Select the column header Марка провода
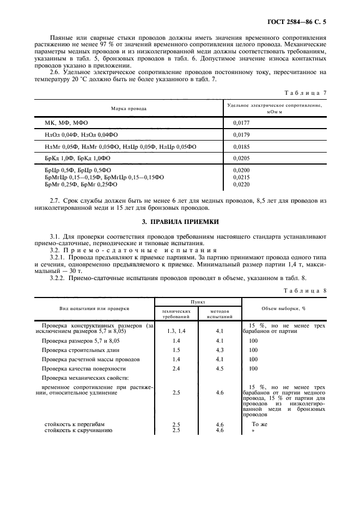(129, 108)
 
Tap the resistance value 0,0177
(242, 123)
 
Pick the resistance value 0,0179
(242, 135)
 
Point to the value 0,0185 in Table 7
(242, 147)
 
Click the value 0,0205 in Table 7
(242, 159)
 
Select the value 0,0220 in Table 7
(242, 185)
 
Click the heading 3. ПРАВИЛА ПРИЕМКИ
(180, 222)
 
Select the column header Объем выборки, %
(284, 308)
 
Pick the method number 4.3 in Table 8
(219, 350)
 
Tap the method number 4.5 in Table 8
(219, 368)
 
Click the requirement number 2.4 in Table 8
(176, 368)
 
